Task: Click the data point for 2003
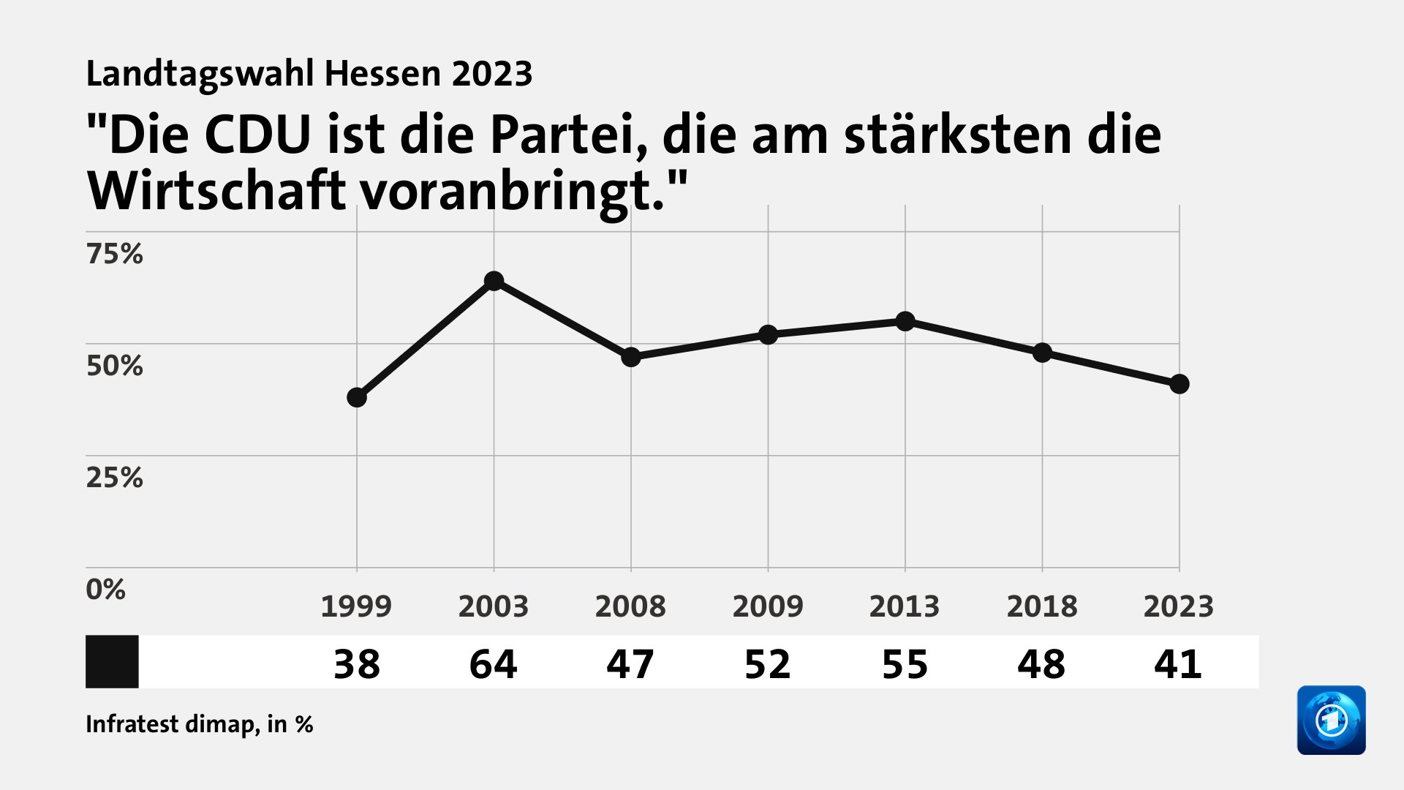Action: point(494,281)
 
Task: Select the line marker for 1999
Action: point(357,397)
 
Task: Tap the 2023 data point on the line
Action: point(1179,384)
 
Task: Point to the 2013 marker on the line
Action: point(905,321)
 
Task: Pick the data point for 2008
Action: point(631,357)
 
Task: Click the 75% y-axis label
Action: point(114,254)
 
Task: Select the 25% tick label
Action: point(114,478)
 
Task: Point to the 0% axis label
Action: point(105,590)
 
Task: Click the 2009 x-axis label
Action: point(768,606)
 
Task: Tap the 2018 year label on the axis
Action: point(1042,606)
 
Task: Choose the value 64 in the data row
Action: point(494,664)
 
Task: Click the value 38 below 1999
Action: point(357,664)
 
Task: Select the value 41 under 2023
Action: point(1179,664)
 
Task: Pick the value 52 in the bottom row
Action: point(768,664)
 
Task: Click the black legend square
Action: point(112,661)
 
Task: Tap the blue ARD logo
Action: point(1331,720)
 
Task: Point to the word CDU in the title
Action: point(258,135)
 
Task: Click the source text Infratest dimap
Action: point(170,724)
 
